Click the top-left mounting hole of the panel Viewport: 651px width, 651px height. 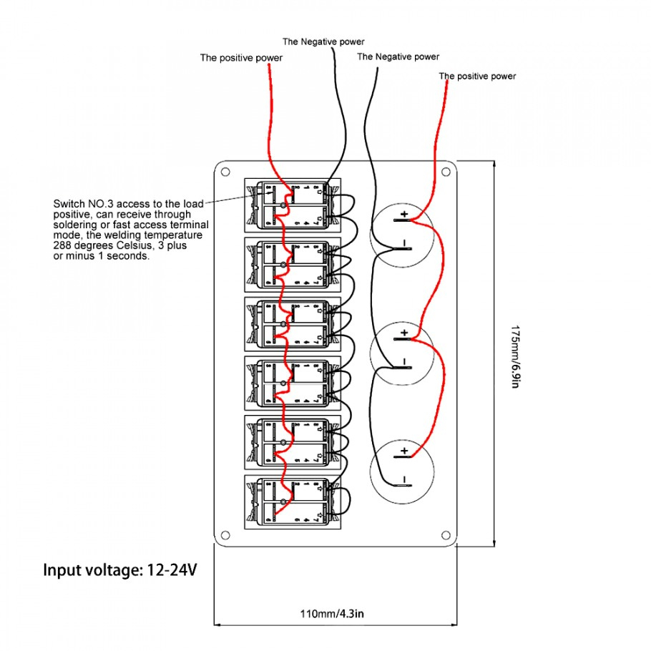pos(225,172)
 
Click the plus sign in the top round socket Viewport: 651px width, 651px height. pos(404,214)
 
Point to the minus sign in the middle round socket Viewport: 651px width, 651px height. pos(404,361)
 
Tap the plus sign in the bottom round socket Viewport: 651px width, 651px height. pos(404,451)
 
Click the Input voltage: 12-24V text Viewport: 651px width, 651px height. pos(119,571)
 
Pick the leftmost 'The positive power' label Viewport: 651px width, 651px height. pos(241,58)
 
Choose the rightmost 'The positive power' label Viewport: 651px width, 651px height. pos(477,76)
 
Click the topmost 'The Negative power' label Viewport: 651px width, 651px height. pos(323,41)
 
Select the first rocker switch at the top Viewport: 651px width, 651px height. pos(293,205)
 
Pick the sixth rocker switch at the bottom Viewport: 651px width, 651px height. pos(293,501)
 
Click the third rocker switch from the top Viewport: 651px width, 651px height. pos(293,323)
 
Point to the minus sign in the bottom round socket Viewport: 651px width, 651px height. pos(404,479)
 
